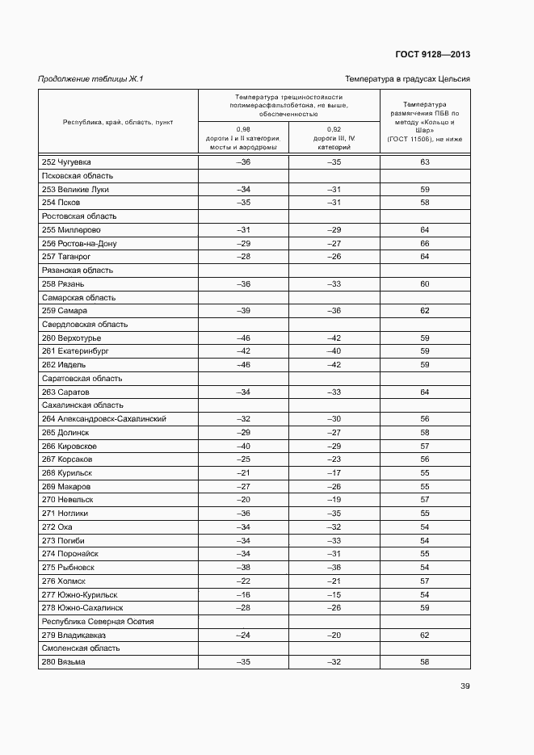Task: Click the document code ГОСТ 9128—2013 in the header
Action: click(432, 55)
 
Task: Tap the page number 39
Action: click(465, 686)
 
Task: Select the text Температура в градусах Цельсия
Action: click(407, 79)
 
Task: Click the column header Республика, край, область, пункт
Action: click(118, 122)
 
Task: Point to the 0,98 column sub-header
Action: click(243, 138)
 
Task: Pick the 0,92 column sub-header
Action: click(334, 138)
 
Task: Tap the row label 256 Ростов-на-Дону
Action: click(79, 243)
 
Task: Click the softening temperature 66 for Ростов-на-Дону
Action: click(424, 243)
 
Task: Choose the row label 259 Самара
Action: click(65, 311)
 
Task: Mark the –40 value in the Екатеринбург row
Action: click(334, 351)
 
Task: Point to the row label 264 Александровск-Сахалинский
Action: click(104, 419)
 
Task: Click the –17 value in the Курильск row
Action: click(334, 473)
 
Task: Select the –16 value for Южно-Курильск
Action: click(243, 594)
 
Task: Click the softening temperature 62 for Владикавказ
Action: click(424, 635)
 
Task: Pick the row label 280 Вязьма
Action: click(64, 662)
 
